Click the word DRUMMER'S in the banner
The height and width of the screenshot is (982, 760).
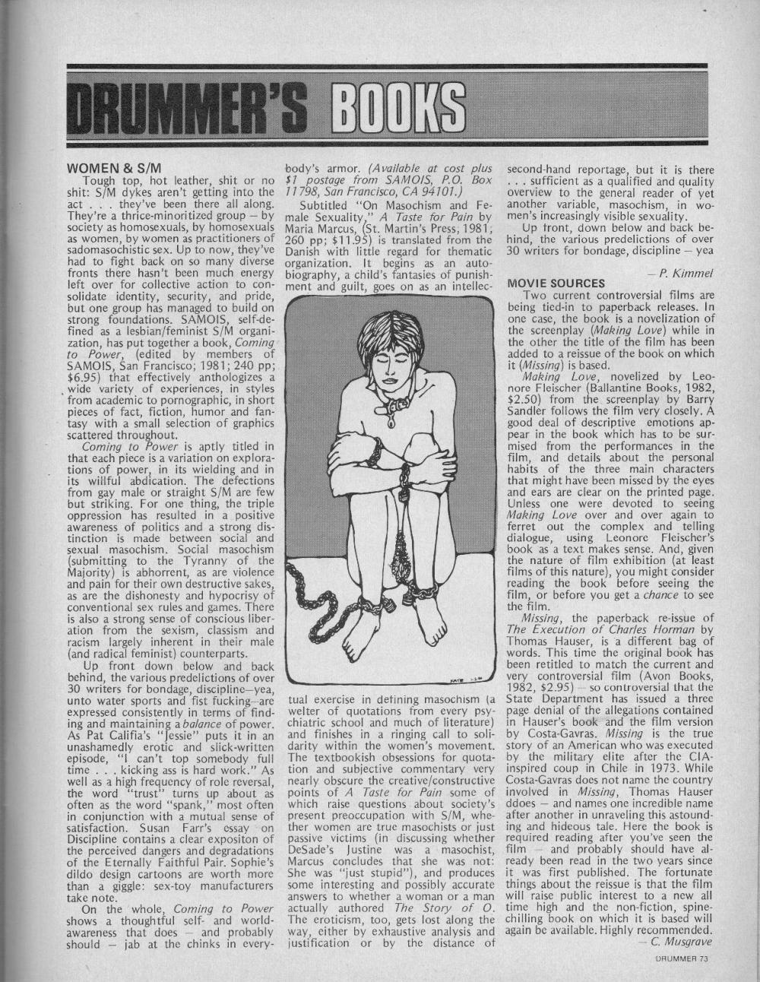pos(187,106)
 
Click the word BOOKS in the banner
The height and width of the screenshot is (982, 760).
pos(388,106)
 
